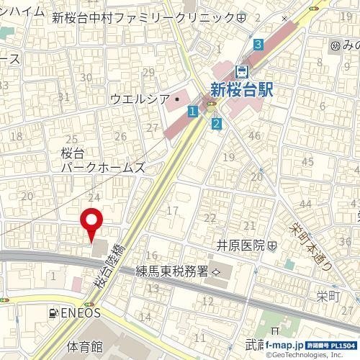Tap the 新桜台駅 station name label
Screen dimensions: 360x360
pyautogui.click(x=245, y=89)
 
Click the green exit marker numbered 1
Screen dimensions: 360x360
pyautogui.click(x=192, y=111)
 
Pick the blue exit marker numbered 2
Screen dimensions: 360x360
pyautogui.click(x=216, y=124)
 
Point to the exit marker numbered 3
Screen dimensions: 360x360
pyautogui.click(x=257, y=45)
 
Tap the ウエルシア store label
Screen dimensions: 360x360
pyautogui.click(x=139, y=99)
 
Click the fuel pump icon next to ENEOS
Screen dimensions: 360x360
pyautogui.click(x=54, y=313)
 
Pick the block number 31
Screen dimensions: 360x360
pyautogui.click(x=63, y=96)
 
